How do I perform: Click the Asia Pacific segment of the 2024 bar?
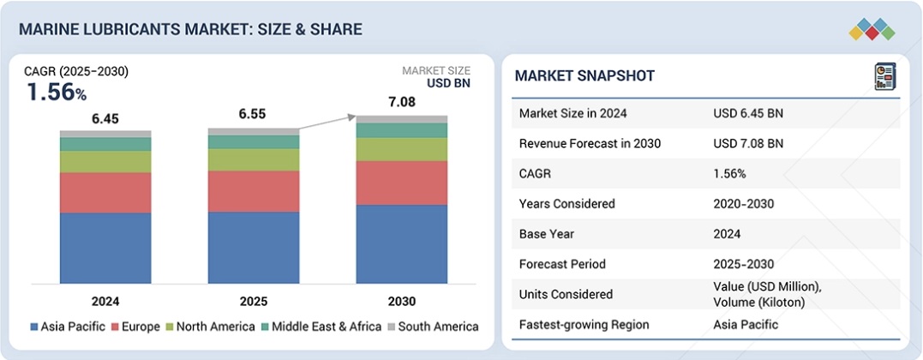tap(105, 248)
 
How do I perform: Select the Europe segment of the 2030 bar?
tap(402, 183)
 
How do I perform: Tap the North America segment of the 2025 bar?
tap(254, 159)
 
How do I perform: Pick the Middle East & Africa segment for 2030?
tap(402, 130)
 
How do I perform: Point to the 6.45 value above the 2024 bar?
tap(105, 119)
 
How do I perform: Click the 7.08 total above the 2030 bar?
tap(402, 103)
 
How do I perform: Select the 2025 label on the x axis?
tap(254, 301)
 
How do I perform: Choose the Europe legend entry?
tap(140, 327)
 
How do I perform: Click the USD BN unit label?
tap(449, 84)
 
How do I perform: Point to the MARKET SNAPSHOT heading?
tap(584, 76)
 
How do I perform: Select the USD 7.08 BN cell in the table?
tap(748, 143)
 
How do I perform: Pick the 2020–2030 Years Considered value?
tap(742, 204)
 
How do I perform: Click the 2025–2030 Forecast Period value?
tap(742, 264)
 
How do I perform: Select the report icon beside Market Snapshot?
tap(884, 75)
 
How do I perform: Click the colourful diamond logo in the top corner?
tap(872, 29)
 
